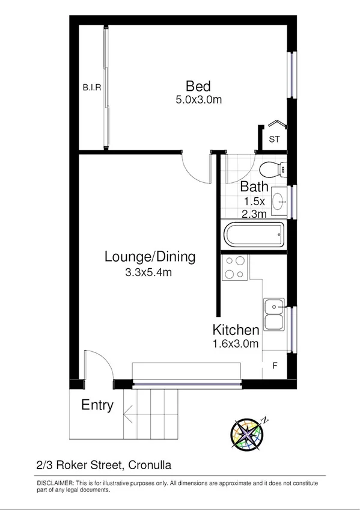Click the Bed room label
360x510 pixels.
pos(198,85)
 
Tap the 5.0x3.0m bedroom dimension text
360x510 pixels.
pos(198,100)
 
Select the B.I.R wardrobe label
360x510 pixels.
pos(91,88)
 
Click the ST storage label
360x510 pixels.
pos(274,140)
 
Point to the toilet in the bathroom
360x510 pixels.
pos(275,169)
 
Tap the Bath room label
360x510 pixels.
pos(254,186)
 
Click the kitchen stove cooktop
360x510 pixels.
pos(234,268)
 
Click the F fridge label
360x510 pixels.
pos(275,365)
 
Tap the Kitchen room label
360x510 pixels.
pos(236,330)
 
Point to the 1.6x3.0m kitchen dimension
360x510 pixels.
pos(236,344)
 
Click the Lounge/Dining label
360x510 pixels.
pos(150,257)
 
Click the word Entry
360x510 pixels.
pos(97,405)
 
